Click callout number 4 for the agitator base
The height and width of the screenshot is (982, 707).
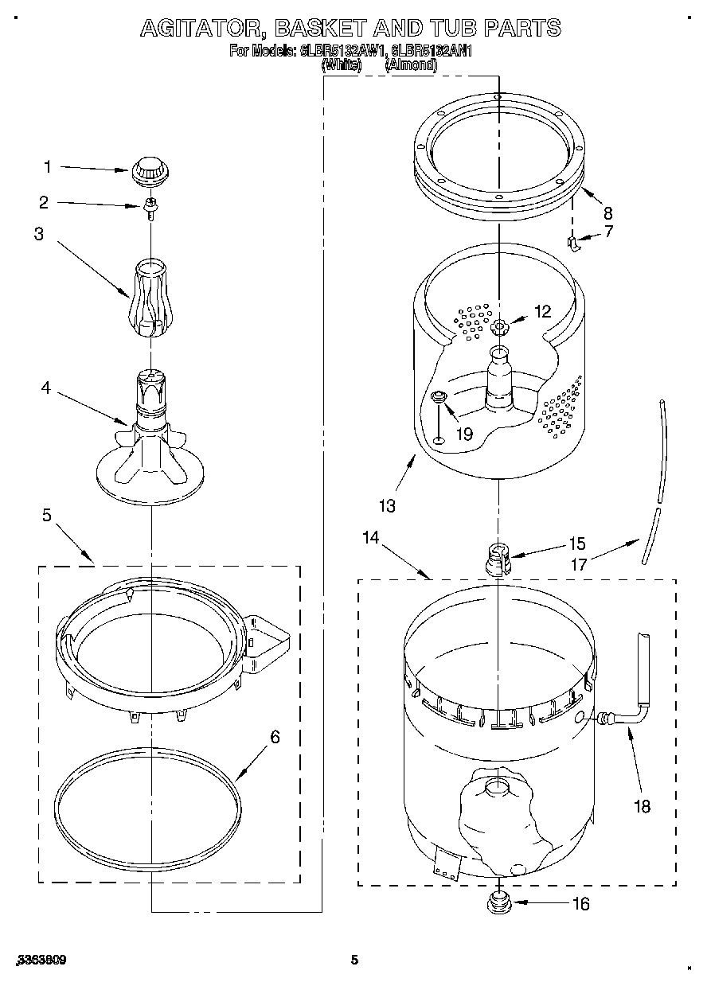tap(46, 388)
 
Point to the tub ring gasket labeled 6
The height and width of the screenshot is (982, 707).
tap(147, 805)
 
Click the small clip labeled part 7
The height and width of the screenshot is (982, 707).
tap(572, 242)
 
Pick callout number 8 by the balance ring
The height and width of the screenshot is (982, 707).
tap(607, 212)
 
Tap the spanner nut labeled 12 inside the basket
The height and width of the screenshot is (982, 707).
tap(500, 326)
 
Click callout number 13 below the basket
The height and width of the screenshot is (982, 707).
tap(387, 505)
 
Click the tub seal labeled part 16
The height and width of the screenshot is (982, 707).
tap(498, 902)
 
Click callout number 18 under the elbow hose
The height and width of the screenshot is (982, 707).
tap(641, 806)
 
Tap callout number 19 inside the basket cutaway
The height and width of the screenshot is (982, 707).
tap(464, 434)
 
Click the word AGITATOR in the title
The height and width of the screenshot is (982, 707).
tap(201, 29)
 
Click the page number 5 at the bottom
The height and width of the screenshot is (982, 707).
tap(355, 961)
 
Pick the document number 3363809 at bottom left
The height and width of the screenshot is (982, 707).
tap(39, 961)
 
